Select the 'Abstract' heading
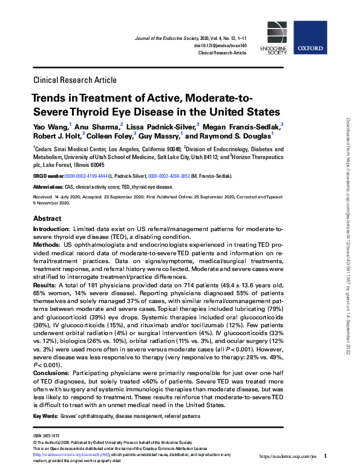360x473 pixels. click(x=47, y=218)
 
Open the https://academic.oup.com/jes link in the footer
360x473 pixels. click(x=289, y=455)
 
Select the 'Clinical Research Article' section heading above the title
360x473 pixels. click(x=75, y=80)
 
